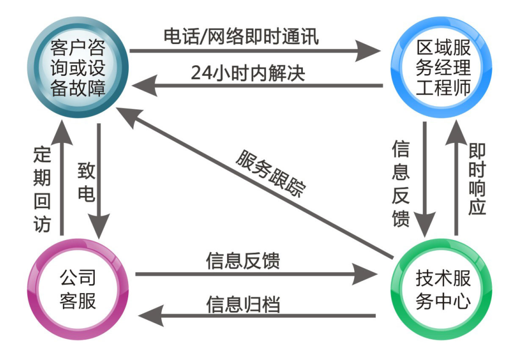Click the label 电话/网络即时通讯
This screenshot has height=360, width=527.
[241, 36]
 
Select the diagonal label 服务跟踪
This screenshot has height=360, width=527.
[270, 173]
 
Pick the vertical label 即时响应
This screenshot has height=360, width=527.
[477, 179]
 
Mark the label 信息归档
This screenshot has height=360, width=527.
[243, 305]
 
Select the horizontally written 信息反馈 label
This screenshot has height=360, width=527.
[243, 261]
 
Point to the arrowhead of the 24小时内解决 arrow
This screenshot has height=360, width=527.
[140, 87]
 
